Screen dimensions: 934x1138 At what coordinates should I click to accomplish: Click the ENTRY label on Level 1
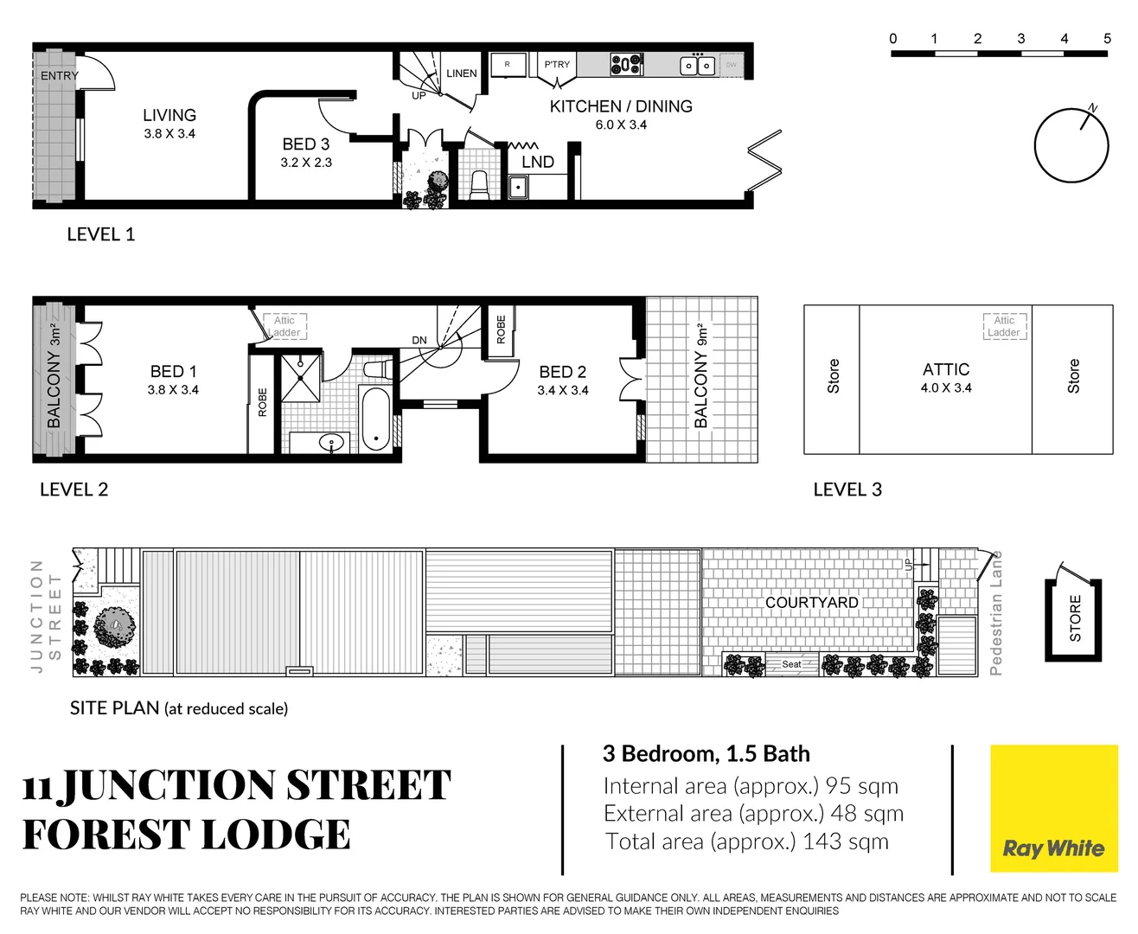[x=59, y=76]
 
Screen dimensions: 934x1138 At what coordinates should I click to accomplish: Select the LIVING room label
[x=169, y=115]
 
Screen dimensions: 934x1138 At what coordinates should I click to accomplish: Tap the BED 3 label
[x=305, y=144]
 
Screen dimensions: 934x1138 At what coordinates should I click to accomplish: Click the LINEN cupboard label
[x=461, y=74]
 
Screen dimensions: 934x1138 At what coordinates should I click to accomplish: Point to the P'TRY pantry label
[x=557, y=65]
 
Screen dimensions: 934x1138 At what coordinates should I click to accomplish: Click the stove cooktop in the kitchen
[x=626, y=64]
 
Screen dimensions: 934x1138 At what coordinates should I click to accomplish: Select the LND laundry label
[x=537, y=162]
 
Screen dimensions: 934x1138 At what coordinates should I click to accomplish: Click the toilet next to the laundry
[x=479, y=184]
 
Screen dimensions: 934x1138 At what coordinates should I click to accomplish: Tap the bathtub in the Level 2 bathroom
[x=375, y=419]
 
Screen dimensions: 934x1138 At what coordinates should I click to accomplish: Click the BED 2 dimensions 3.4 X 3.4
[x=562, y=391]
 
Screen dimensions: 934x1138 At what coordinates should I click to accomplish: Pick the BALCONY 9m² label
[x=701, y=376]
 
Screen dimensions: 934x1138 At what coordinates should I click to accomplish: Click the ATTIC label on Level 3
[x=946, y=369]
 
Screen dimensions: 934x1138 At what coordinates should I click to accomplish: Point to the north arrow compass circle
[x=1071, y=145]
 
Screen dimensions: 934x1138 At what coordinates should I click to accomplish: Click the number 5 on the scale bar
[x=1107, y=39]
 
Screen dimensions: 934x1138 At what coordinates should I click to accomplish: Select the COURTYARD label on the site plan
[x=811, y=603]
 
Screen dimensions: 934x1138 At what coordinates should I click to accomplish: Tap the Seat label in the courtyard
[x=791, y=664]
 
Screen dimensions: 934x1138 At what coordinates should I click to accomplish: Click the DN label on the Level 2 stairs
[x=419, y=341]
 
